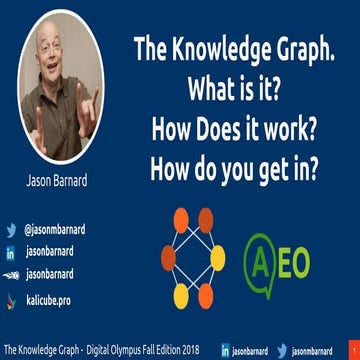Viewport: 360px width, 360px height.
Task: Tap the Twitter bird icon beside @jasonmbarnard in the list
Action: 11,230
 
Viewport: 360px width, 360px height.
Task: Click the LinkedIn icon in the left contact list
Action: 11,252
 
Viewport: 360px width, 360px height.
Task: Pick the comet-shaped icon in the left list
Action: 11,274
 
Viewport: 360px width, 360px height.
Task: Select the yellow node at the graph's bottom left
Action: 181,295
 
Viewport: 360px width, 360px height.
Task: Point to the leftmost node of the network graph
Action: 168,257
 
